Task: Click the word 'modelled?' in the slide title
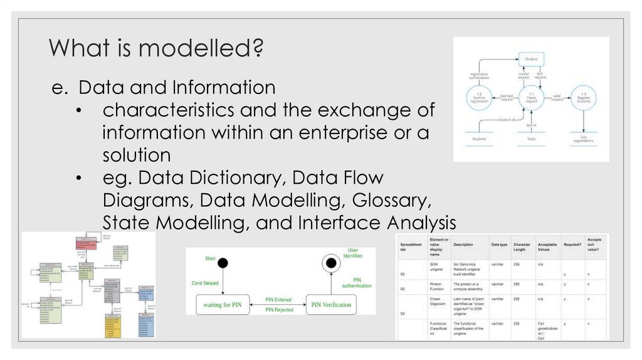(x=210, y=48)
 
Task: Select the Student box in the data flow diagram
(x=530, y=60)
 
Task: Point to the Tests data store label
(x=530, y=139)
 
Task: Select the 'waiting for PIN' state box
(x=218, y=305)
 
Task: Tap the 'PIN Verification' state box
(x=331, y=305)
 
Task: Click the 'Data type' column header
(x=499, y=244)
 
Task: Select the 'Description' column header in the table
(x=465, y=244)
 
